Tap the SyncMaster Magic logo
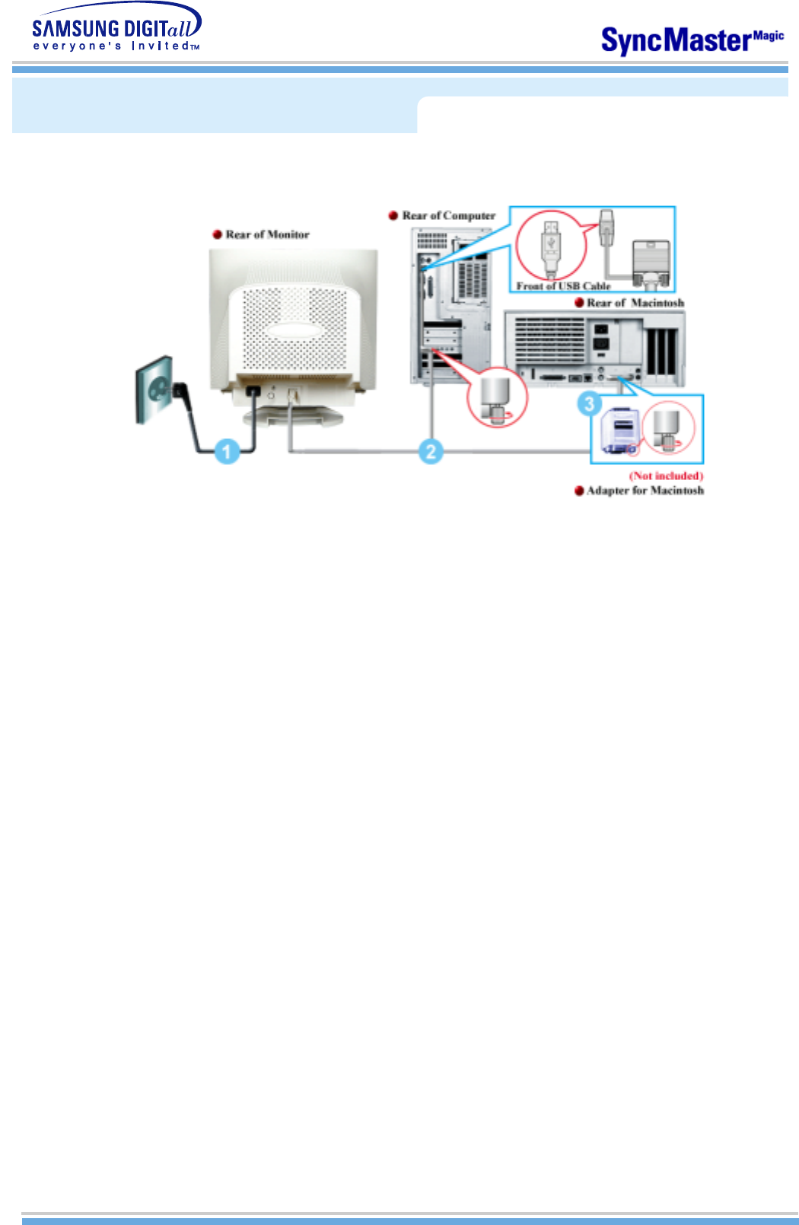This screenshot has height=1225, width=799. tap(692, 40)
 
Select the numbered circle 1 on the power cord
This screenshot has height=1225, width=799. tap(226, 451)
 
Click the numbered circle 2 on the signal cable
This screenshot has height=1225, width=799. tap(431, 451)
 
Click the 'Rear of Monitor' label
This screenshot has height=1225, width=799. tap(267, 234)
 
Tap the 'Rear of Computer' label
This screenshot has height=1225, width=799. tap(448, 215)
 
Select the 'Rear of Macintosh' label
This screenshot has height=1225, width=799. tap(635, 303)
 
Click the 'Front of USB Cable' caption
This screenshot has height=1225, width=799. tap(563, 286)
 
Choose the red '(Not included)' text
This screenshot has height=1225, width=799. tap(666, 476)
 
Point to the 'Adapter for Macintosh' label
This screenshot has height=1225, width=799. tap(645, 491)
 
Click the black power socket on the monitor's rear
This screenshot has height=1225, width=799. tap(253, 391)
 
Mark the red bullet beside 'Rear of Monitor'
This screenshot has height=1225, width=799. tap(217, 234)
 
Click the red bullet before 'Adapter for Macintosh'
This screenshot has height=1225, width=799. tap(579, 491)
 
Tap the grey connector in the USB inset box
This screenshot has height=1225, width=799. tap(651, 262)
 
